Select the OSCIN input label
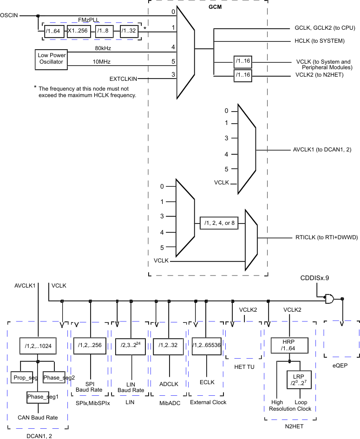[x=9, y=15]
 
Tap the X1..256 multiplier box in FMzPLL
[x=77, y=32]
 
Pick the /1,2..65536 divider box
[x=206, y=345]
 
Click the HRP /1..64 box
[x=290, y=345]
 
